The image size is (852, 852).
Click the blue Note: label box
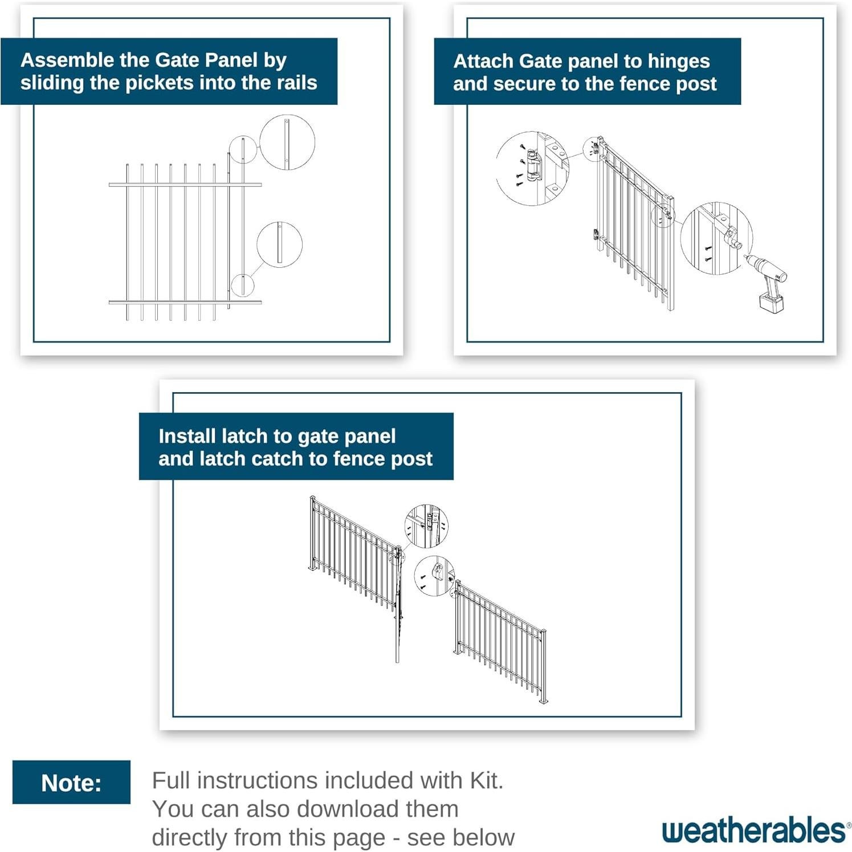tap(71, 782)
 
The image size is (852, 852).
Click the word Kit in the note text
tap(485, 780)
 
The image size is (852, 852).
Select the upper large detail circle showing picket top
tap(287, 142)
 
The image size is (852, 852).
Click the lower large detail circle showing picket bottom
tap(279, 244)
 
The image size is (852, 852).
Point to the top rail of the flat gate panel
tap(185, 185)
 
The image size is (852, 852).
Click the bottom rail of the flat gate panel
tap(185, 302)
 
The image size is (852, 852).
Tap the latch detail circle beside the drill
tap(716, 238)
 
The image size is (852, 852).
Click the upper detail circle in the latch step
tap(426, 525)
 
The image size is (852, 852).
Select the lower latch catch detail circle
tap(434, 576)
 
